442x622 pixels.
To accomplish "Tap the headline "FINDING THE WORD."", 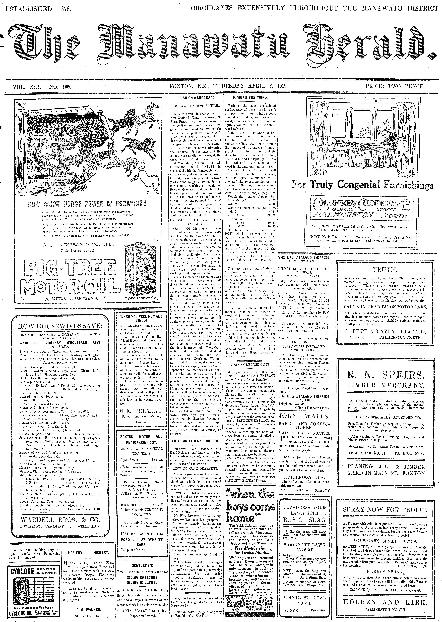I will [250, 97].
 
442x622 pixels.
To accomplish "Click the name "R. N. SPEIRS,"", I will [386, 375].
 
